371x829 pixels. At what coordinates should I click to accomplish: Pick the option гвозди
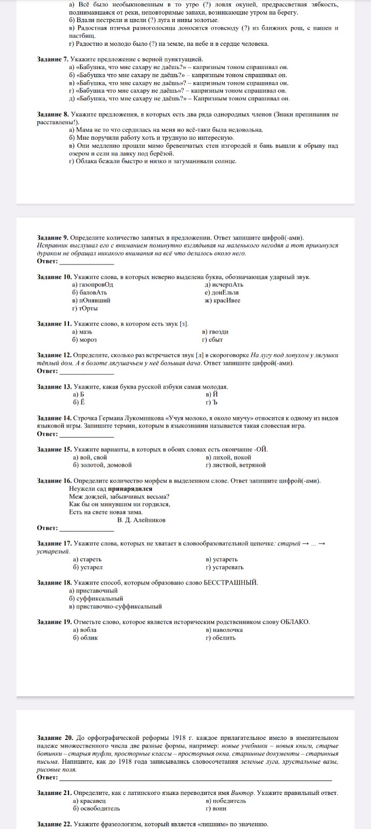point(215,332)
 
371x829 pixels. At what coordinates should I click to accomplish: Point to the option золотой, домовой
point(102,464)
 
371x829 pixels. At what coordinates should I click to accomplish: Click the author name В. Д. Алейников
point(141,520)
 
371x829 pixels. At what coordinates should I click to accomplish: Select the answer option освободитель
point(97,808)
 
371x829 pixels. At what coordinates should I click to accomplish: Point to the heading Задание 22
point(53,824)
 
